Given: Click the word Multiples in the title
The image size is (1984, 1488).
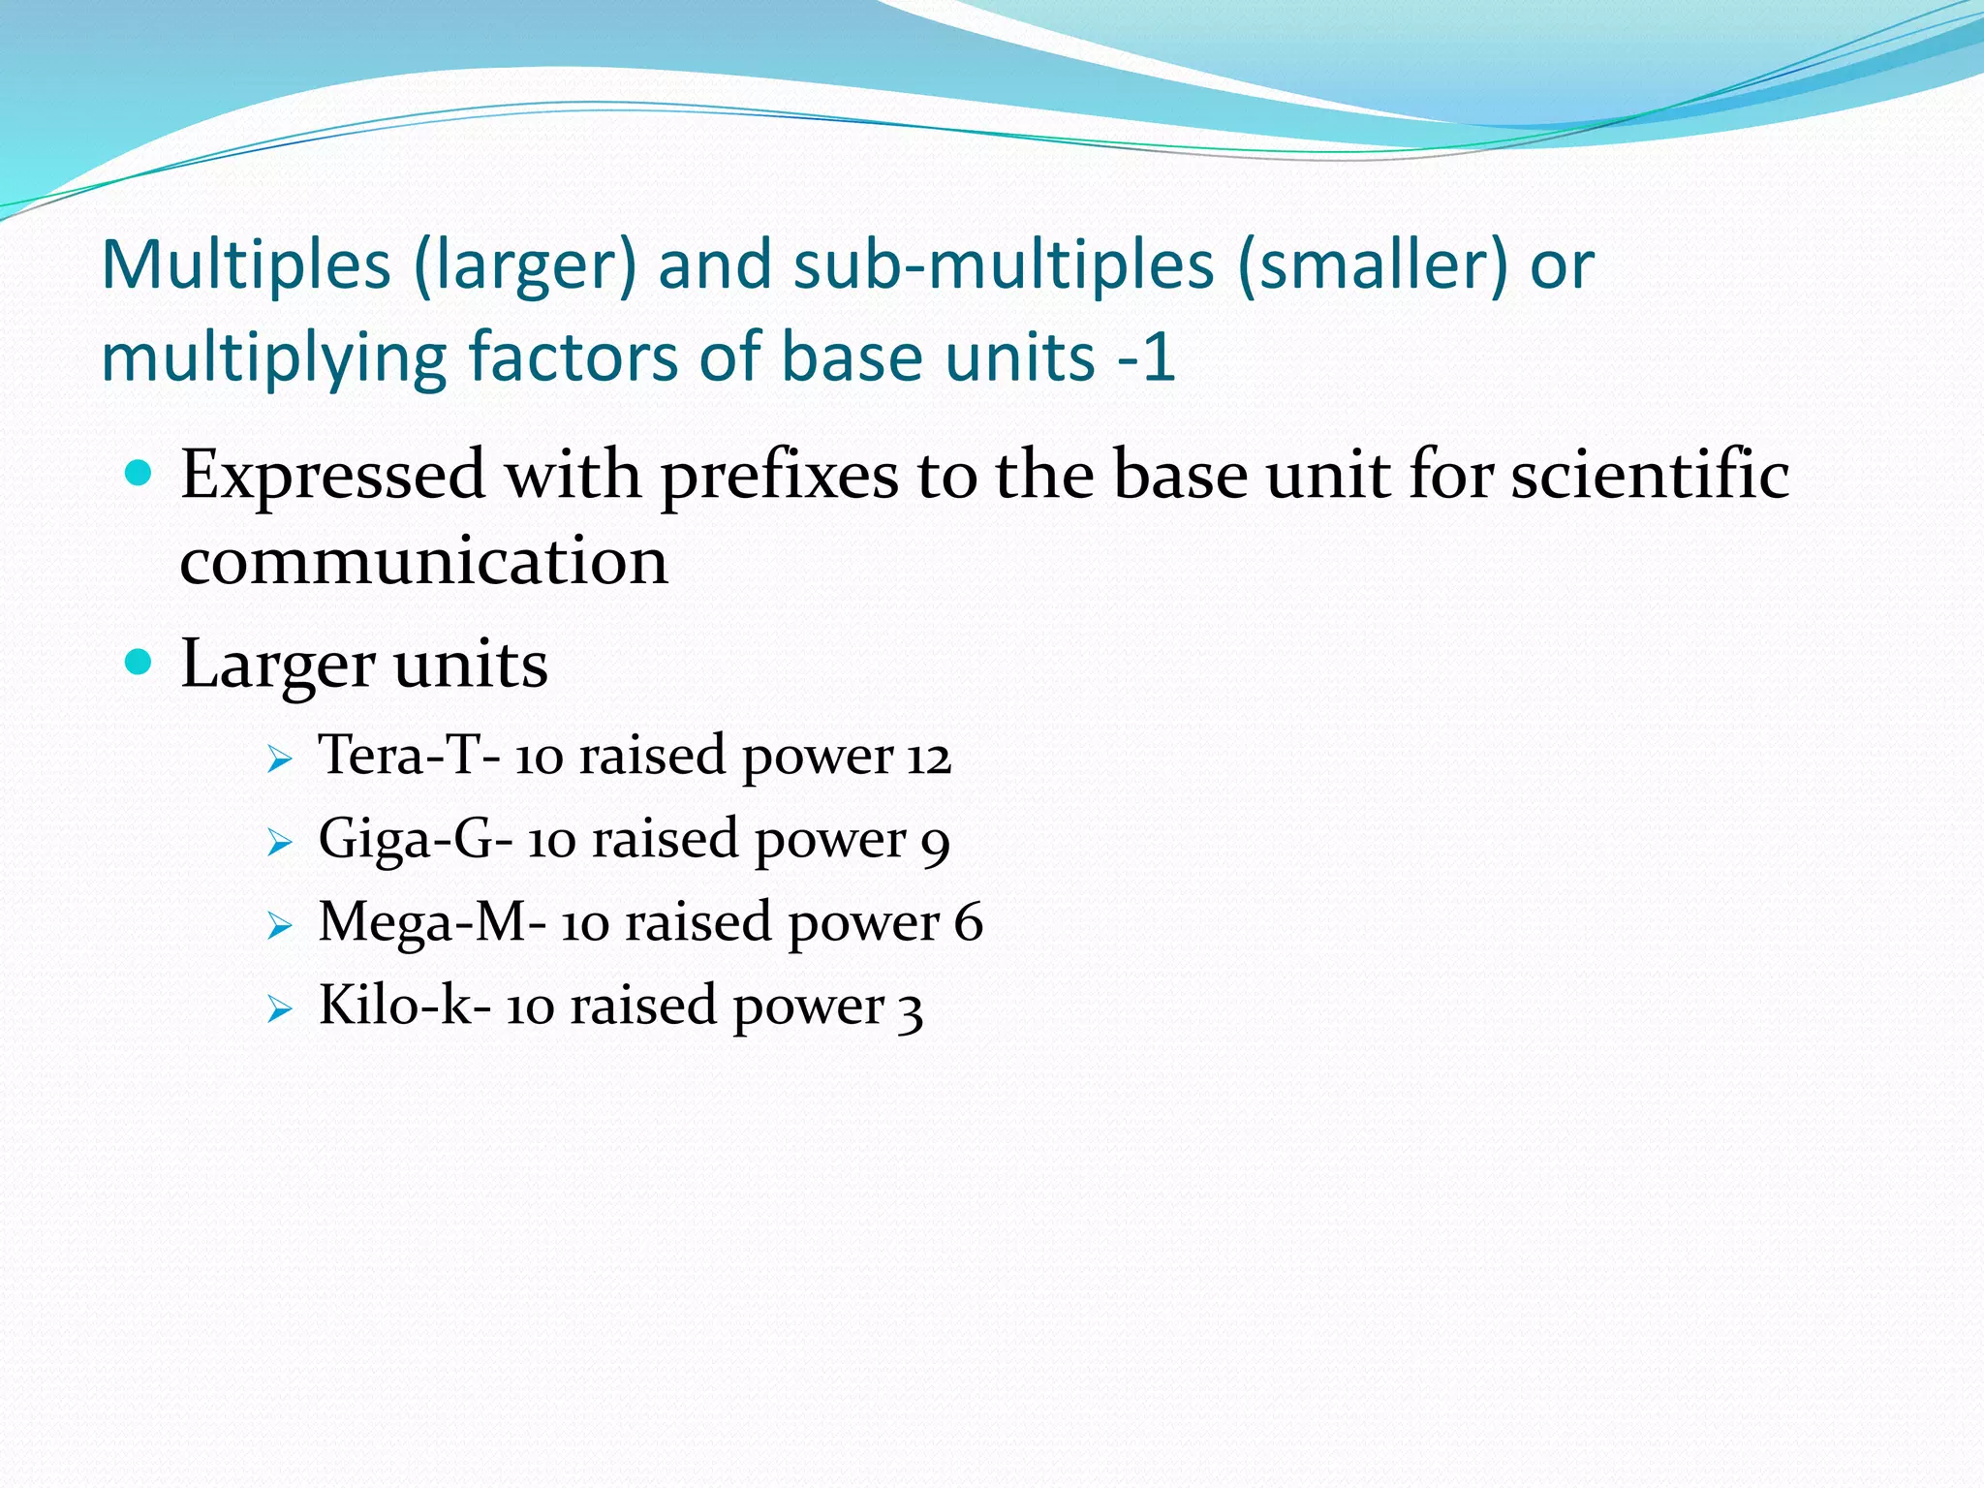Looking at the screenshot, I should coord(246,265).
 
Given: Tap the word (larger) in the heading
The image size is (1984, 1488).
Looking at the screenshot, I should coord(524,265).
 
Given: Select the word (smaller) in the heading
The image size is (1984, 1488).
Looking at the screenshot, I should coord(1372,265).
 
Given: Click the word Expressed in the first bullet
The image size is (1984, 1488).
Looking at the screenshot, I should coord(332,476).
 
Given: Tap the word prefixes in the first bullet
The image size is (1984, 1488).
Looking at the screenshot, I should coord(780,476).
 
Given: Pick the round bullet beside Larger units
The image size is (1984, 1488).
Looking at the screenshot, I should coord(139,663).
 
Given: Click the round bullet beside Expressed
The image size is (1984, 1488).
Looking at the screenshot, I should coord(139,474).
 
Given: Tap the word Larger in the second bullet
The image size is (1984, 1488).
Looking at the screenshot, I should coord(277,666).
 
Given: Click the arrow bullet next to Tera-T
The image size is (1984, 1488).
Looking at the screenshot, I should coord(279,759).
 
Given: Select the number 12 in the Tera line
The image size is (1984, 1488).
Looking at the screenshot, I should coord(929,757).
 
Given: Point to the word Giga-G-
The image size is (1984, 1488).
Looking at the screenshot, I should coord(415,839).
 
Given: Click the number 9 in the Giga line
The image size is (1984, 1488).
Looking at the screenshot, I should coord(935,843).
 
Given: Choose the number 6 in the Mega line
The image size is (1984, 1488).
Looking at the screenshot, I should coord(968,922).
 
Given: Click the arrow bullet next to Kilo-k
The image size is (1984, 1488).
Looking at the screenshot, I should coord(279,1009).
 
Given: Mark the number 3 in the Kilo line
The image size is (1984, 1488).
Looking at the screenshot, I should coord(909,1009).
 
